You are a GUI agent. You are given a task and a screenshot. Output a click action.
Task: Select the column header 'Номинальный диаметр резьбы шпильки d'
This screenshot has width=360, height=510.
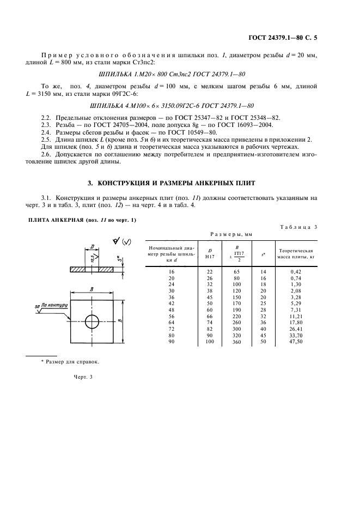tap(170, 254)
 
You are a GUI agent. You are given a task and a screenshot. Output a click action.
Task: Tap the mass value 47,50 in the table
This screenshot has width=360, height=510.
tap(296, 342)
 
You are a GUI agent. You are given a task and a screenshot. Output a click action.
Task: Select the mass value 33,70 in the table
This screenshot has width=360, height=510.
tap(296, 336)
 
